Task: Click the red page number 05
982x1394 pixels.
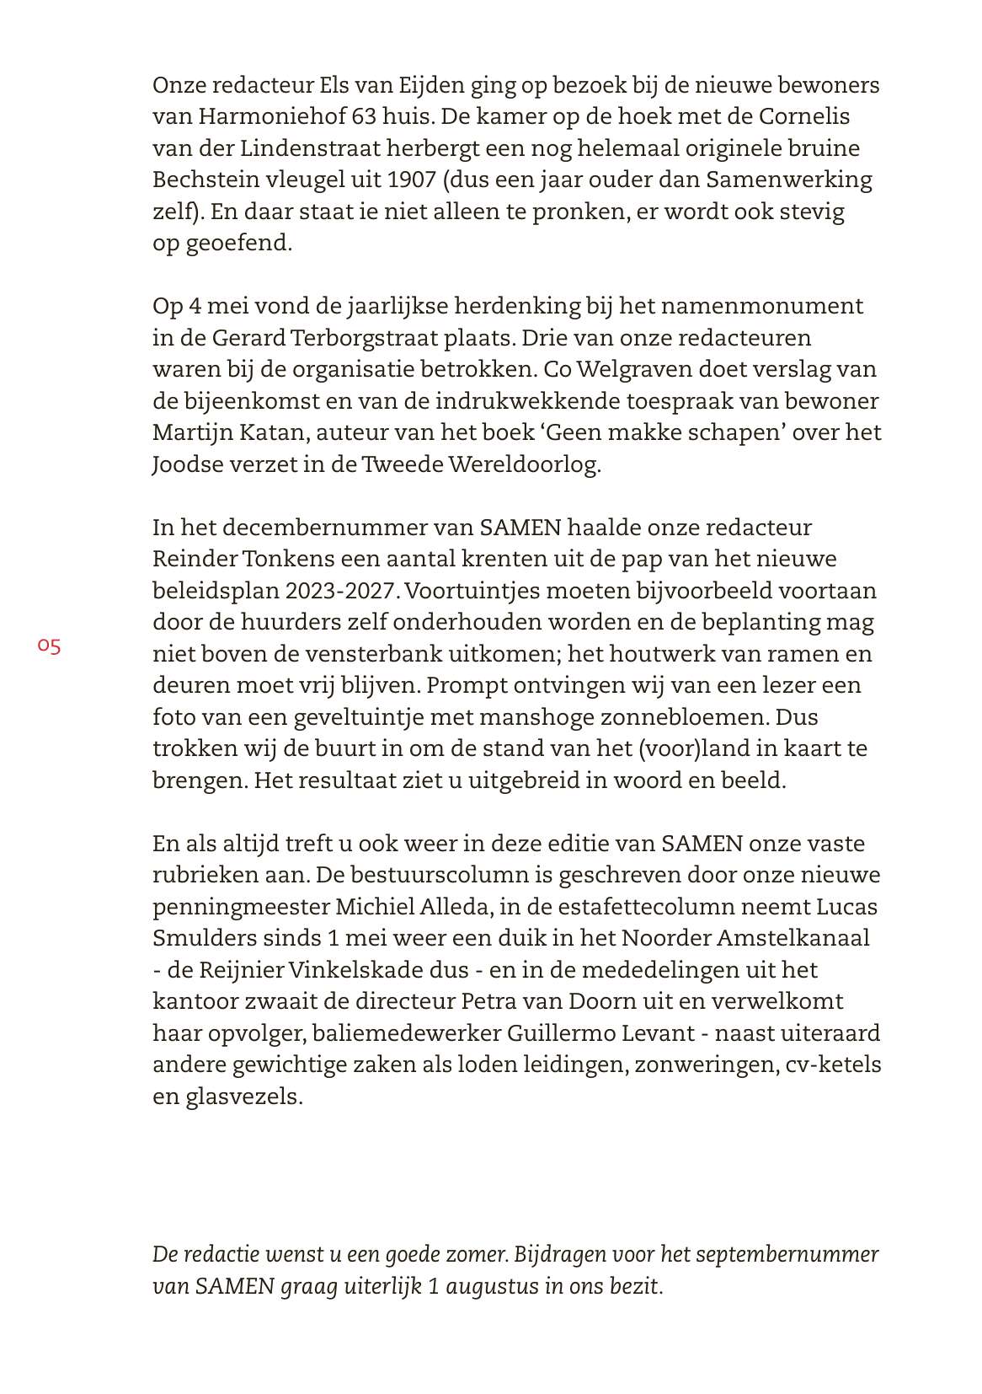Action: pos(49,646)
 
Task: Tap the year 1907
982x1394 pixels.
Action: pos(412,180)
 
